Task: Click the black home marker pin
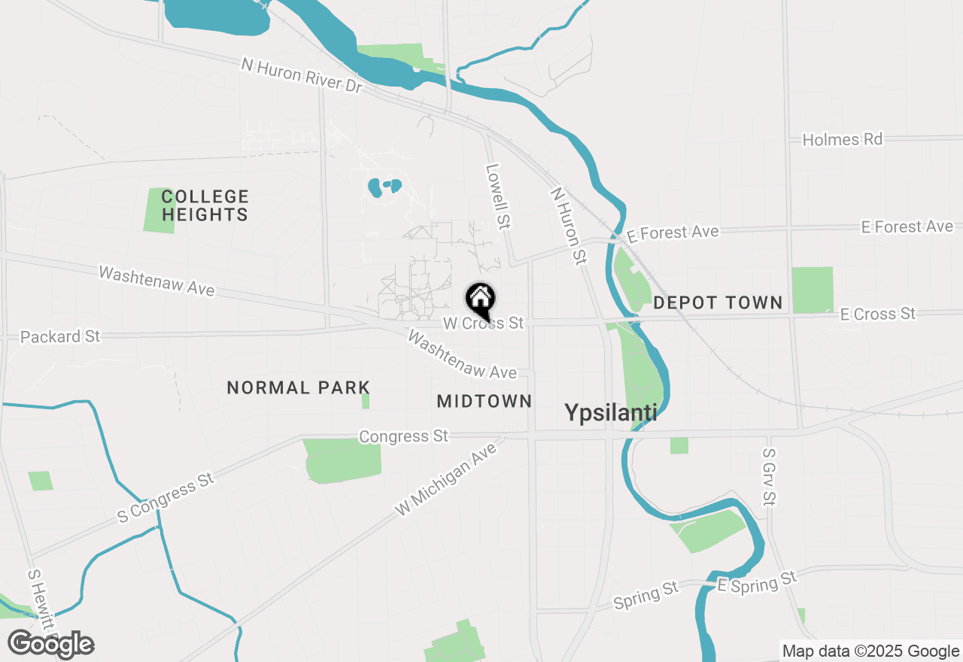[x=480, y=299]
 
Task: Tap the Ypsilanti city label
[x=610, y=412]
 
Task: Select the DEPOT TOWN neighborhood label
[x=718, y=302]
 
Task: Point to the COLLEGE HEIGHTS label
[x=205, y=205]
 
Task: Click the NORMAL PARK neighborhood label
[x=299, y=387]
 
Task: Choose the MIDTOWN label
[x=485, y=401]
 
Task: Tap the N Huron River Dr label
[x=302, y=76]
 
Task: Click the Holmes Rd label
[x=842, y=139]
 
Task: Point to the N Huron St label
[x=569, y=226]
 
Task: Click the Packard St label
[x=60, y=336]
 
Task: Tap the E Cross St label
[x=878, y=314]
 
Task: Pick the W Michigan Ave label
[x=447, y=478]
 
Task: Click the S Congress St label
[x=166, y=499]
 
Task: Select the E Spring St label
[x=756, y=582]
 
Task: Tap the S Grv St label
[x=769, y=477]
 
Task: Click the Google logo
[x=50, y=644]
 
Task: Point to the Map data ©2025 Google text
[x=870, y=651]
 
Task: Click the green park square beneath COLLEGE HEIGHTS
[x=159, y=211]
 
